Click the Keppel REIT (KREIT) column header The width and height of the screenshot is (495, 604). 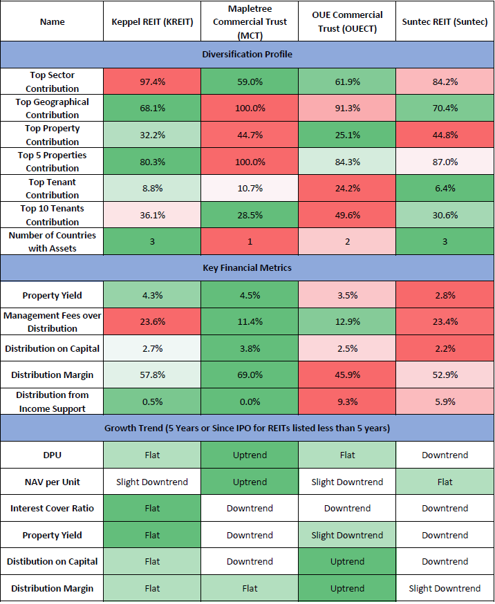[152, 21]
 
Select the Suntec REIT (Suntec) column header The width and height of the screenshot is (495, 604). [445, 21]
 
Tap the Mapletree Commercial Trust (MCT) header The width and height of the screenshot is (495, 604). [250, 21]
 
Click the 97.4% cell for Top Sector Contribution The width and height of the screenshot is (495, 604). [152, 82]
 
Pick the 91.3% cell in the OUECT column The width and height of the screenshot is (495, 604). [347, 108]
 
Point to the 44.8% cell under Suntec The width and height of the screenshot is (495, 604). [445, 135]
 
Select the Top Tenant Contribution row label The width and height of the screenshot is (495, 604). [53, 189]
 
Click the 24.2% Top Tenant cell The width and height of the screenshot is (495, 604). [347, 189]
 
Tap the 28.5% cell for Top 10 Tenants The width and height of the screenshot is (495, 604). [250, 215]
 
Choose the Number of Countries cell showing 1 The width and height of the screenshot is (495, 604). [250, 242]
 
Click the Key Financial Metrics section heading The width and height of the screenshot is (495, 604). [247, 268]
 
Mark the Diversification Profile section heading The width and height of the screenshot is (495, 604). [247, 55]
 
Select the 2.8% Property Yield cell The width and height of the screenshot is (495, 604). [445, 295]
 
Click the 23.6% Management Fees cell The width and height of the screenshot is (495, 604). [152, 322]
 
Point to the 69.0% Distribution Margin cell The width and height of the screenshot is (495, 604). [250, 375]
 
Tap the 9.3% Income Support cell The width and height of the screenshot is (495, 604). [347, 402]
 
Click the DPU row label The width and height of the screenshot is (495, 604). [53, 455]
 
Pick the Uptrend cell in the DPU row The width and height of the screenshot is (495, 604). [250, 455]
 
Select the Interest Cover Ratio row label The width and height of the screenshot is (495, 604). [53, 509]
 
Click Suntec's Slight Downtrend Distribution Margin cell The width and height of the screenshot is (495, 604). [445, 589]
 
